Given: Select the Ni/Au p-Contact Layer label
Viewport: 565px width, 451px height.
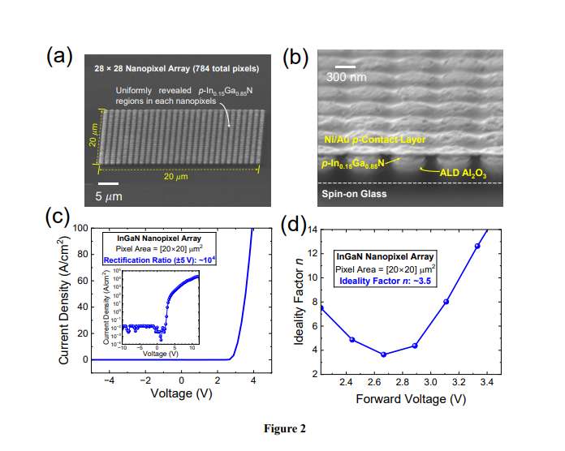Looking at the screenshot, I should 373,140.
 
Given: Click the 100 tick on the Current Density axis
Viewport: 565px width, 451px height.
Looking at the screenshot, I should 79,228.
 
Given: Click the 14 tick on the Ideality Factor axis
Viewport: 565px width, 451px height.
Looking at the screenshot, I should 310,230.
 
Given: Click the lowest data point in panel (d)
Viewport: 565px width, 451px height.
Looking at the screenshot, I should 383,354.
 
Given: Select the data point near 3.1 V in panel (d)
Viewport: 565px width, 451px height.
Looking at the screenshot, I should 446,302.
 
